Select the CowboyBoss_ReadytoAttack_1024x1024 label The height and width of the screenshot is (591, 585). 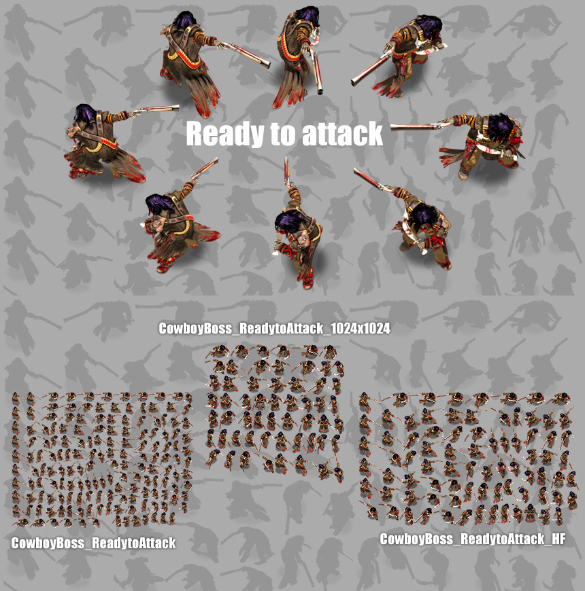point(274,329)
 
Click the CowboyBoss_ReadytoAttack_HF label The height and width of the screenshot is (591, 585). point(472,539)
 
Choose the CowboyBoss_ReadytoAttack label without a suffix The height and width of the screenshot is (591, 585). point(93,543)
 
